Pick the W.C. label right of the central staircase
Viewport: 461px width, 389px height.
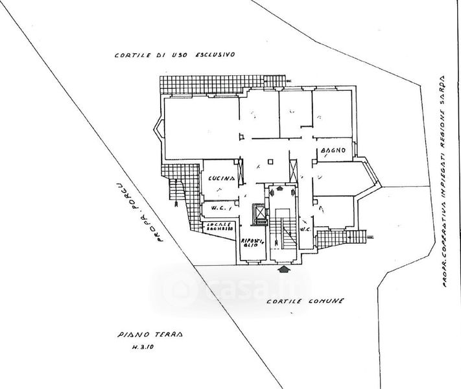(x=307, y=229)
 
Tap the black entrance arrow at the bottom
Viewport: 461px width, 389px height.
(x=283, y=267)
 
